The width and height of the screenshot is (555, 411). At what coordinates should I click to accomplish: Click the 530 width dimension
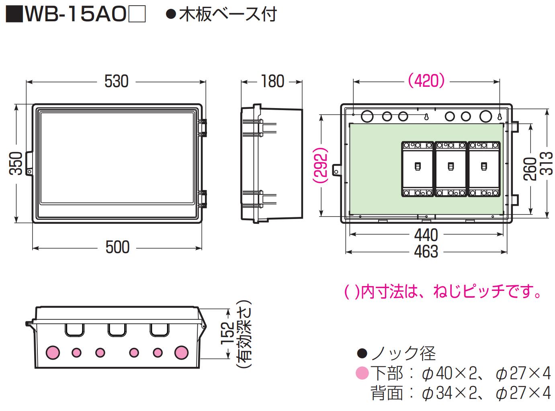point(116,82)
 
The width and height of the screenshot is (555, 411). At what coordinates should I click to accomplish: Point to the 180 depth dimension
point(272,82)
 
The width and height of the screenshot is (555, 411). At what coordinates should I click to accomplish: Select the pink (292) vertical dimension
point(322,166)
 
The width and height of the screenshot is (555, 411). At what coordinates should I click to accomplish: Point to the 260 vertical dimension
point(530,169)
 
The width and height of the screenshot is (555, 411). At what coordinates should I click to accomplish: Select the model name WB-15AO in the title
point(74,15)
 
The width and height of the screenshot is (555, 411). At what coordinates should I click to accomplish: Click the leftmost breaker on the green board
point(418,169)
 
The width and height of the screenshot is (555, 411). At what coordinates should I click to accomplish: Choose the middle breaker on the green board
point(451,169)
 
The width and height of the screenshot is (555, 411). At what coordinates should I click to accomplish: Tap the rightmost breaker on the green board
point(484,169)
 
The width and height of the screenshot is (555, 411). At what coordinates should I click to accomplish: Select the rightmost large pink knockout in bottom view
point(182,352)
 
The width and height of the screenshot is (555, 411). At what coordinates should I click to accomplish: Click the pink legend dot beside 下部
point(362,374)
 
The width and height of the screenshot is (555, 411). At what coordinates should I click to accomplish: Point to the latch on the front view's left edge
point(29,163)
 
